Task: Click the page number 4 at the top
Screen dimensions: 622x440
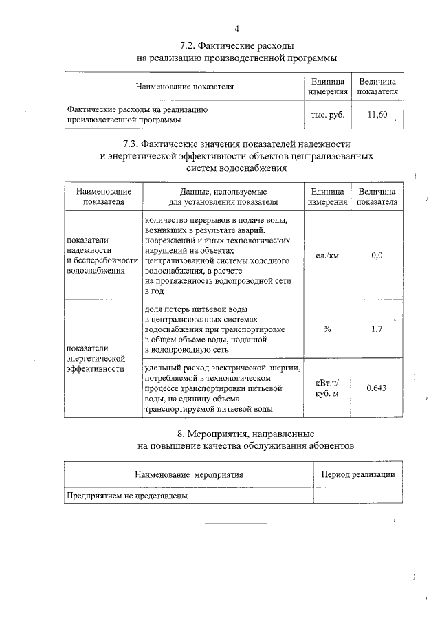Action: point(236,29)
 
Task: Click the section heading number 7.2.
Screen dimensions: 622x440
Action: point(187,46)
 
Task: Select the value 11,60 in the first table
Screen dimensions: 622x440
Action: point(377,115)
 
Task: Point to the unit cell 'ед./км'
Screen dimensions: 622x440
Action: point(327,255)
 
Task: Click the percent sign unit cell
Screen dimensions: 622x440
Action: point(327,329)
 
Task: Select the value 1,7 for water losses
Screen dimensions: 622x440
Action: point(376,329)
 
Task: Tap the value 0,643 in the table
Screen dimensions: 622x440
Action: point(376,388)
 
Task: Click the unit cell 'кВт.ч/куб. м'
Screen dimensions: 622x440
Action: point(327,388)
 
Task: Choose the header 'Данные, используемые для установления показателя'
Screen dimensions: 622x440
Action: point(223,196)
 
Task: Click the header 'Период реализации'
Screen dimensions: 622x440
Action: point(358,474)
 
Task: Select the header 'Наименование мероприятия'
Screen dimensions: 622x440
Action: point(188,474)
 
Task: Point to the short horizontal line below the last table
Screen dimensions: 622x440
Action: point(235,524)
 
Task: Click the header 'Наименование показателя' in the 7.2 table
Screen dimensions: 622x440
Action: point(184,87)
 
